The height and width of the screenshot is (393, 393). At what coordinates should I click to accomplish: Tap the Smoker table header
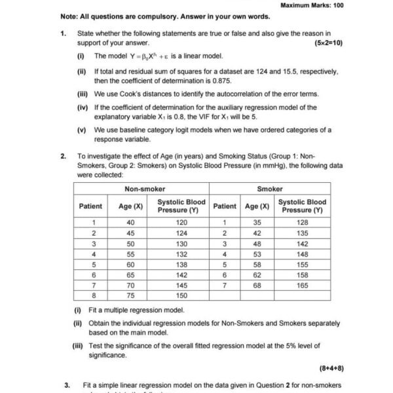tap(270, 189)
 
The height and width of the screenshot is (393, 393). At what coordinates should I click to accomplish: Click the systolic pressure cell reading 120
tap(181, 222)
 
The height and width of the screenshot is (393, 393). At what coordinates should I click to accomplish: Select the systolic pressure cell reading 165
tap(302, 286)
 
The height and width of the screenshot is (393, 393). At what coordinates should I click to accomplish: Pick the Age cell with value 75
tap(130, 296)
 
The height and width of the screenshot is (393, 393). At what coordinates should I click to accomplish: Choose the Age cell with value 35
tap(257, 222)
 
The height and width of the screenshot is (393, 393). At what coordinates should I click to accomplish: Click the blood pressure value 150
tap(181, 296)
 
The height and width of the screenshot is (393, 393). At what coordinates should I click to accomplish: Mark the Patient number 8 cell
tap(94, 296)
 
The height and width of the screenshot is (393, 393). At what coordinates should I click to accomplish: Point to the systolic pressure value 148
tap(302, 253)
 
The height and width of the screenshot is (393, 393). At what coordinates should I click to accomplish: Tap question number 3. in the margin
tap(66, 385)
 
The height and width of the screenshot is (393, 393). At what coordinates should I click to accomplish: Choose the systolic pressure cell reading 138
tap(181, 264)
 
